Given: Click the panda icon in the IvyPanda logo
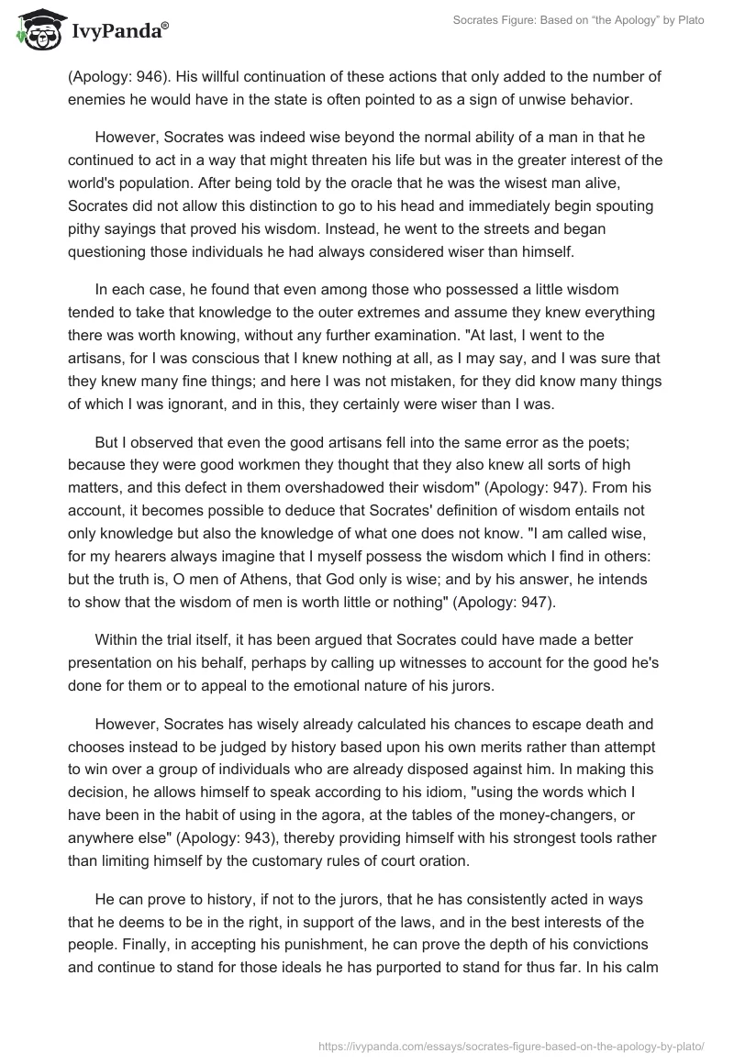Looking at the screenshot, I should pos(38,29).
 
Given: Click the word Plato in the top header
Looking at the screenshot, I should pos(688,21).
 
